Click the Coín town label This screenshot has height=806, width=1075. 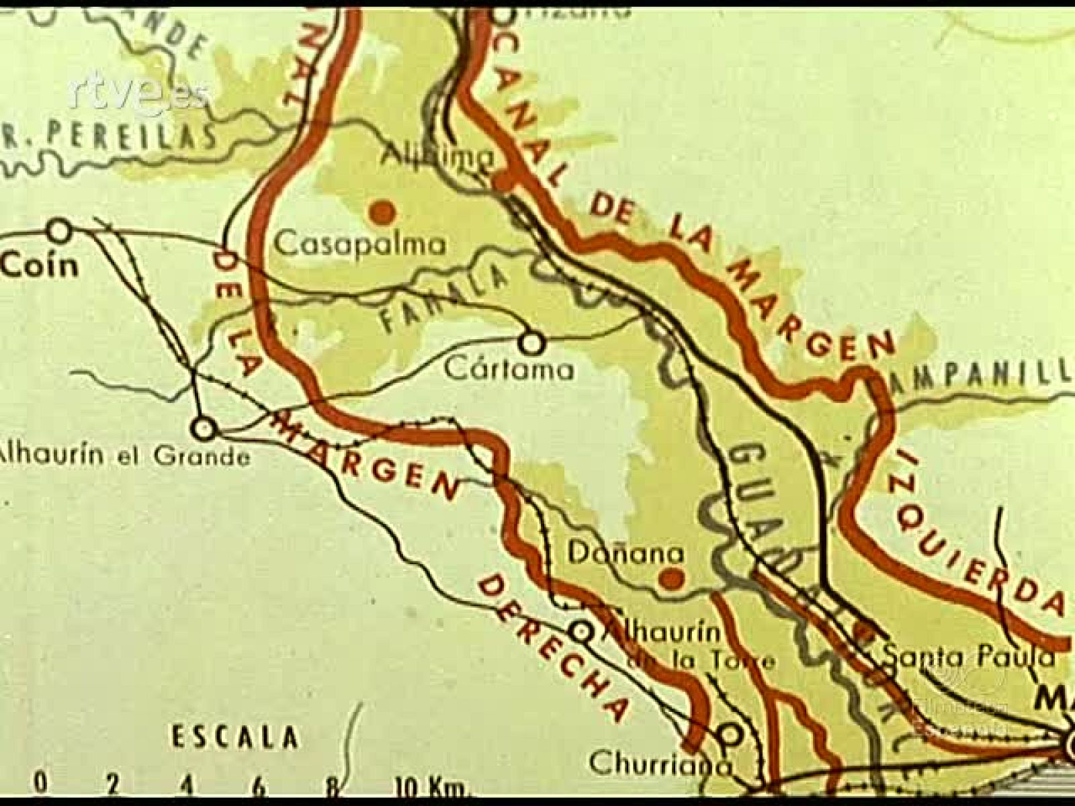point(40,266)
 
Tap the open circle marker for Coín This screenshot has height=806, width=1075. point(60,231)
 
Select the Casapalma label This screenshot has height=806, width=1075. point(361,244)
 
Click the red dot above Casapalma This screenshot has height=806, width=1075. point(382,213)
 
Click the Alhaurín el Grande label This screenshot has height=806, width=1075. point(125,457)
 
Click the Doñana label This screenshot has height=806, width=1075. point(626,553)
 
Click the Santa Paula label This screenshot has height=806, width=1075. point(967,657)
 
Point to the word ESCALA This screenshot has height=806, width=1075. point(234,737)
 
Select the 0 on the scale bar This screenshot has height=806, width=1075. point(42,784)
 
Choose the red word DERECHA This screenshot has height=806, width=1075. point(552,645)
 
